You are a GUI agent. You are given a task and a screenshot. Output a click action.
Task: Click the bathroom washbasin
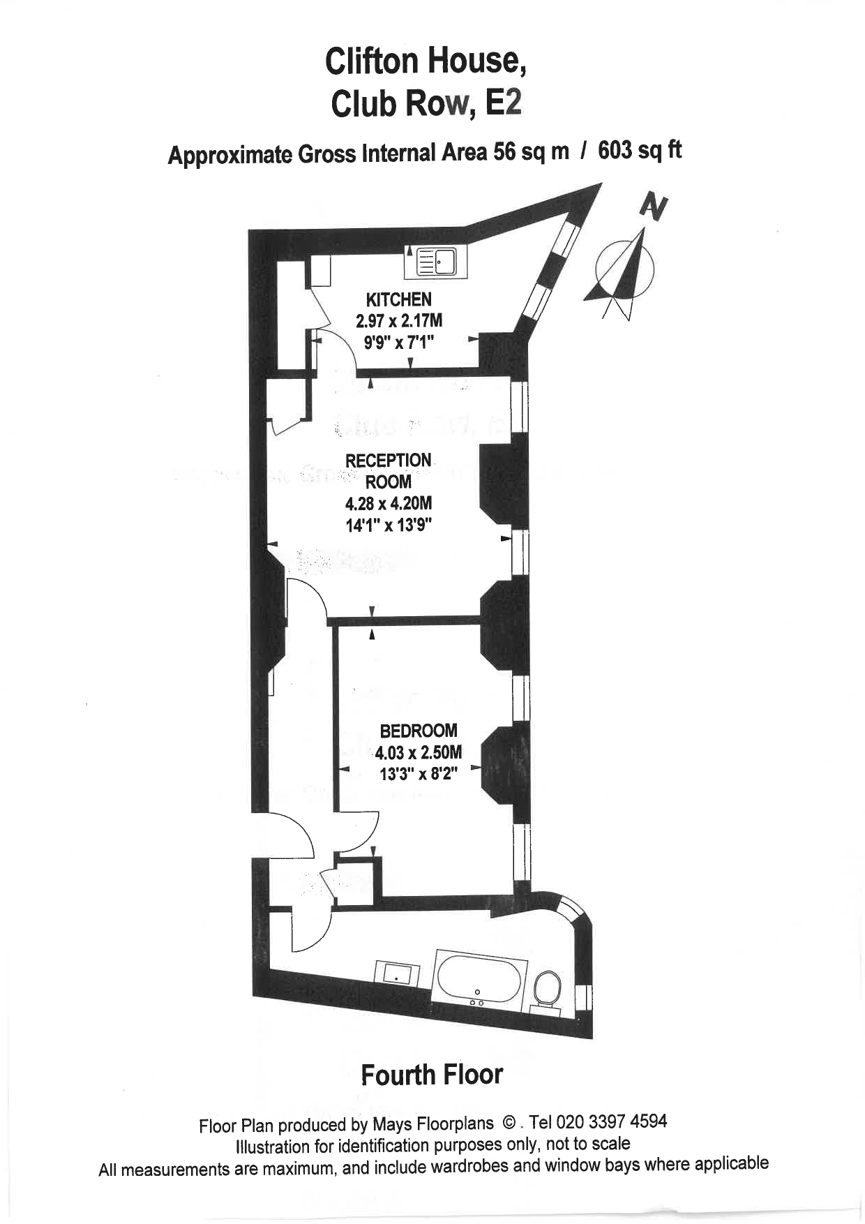tap(398, 973)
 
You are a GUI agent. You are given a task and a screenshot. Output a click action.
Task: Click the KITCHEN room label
tap(399, 299)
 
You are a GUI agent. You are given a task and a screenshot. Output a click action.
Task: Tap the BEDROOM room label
tap(419, 731)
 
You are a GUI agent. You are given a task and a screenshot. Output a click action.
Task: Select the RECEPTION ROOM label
tap(389, 471)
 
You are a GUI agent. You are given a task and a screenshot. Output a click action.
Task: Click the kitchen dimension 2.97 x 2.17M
tap(399, 321)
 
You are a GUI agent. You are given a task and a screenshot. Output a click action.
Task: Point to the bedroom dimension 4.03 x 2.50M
tap(419, 752)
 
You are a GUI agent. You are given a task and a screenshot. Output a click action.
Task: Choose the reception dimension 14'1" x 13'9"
tap(389, 525)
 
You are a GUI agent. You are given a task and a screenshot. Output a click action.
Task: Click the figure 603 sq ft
tap(640, 150)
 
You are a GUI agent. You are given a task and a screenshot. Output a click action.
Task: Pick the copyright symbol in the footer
tap(509, 1124)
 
